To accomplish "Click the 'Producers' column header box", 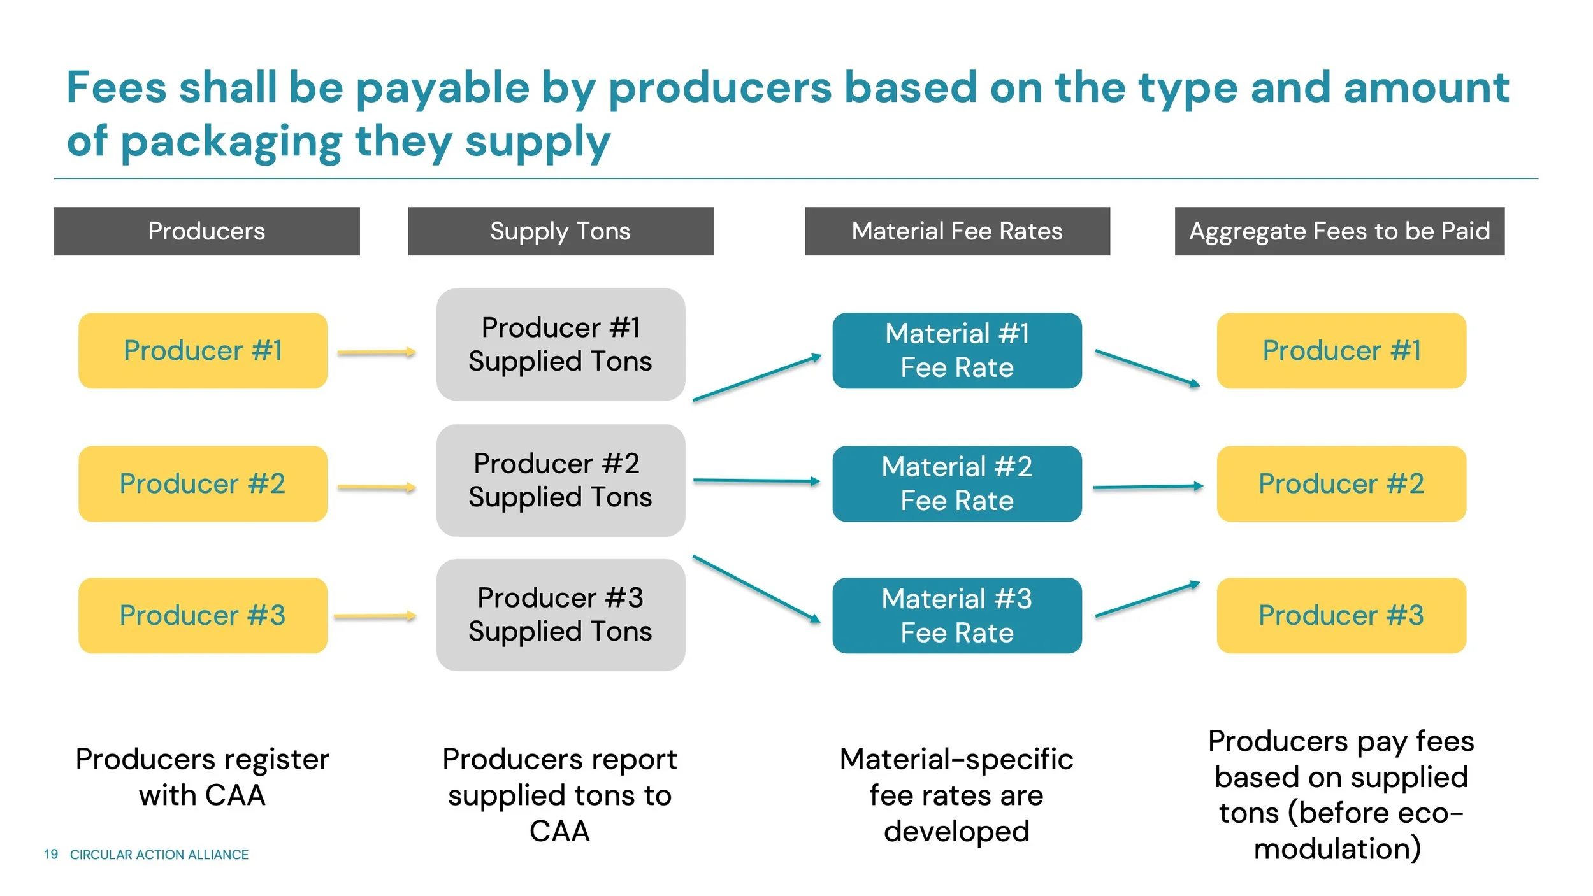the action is pyautogui.click(x=206, y=231).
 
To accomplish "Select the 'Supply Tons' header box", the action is pyautogui.click(x=560, y=231).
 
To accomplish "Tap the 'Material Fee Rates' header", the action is pyautogui.click(x=956, y=231).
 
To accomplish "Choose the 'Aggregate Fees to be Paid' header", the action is pyautogui.click(x=1339, y=231).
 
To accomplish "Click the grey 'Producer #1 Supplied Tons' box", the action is pyautogui.click(x=560, y=345).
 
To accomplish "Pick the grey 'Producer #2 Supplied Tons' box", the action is pyautogui.click(x=560, y=480).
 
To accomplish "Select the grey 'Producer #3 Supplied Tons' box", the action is pyautogui.click(x=560, y=615).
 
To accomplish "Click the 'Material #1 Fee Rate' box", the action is pyautogui.click(x=956, y=350).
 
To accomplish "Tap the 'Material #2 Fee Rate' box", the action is pyautogui.click(x=956, y=483).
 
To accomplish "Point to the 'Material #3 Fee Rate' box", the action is pyautogui.click(x=956, y=615).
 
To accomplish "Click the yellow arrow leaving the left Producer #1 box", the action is pyautogui.click(x=376, y=352).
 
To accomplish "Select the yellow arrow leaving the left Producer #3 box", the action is pyautogui.click(x=375, y=616).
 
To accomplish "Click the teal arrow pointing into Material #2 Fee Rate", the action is pyautogui.click(x=756, y=481).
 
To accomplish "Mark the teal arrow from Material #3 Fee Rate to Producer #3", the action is pyautogui.click(x=1147, y=599).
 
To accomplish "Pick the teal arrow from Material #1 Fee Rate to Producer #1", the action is pyautogui.click(x=1147, y=368).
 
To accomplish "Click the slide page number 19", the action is pyautogui.click(x=51, y=854).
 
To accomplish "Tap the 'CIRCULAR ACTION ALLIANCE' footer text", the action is pyautogui.click(x=159, y=855).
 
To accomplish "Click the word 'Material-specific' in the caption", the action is pyautogui.click(x=956, y=759).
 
